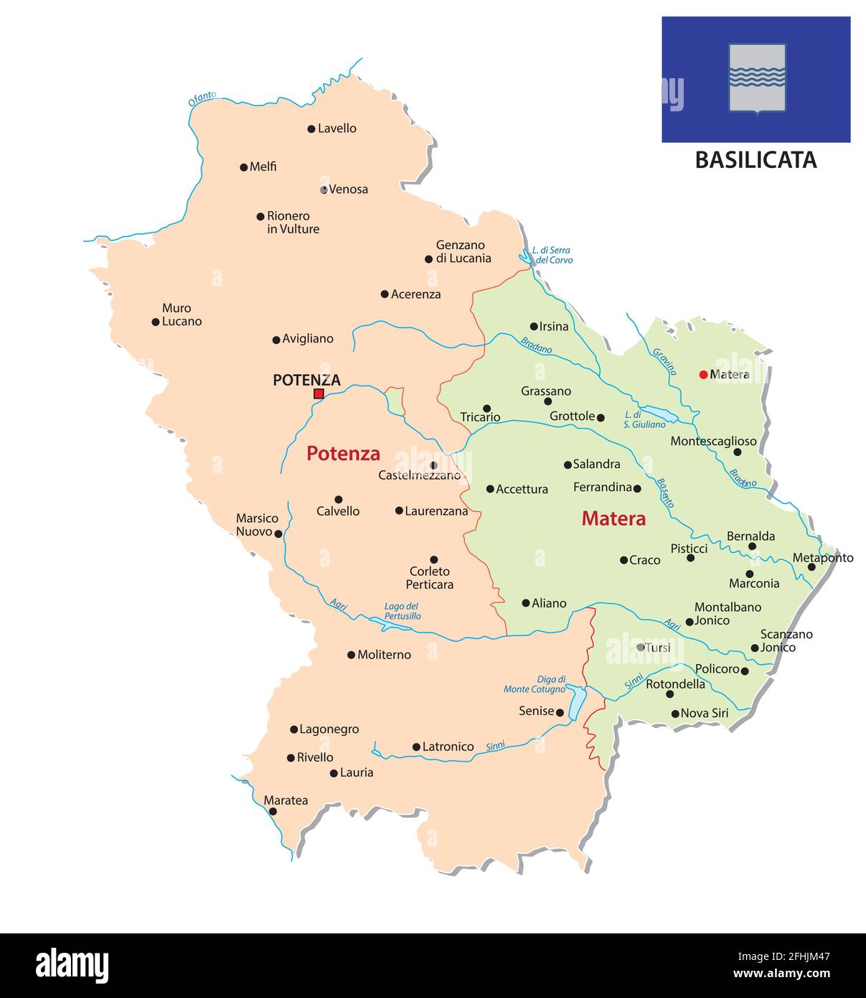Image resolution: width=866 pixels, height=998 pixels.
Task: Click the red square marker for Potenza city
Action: click(x=319, y=393)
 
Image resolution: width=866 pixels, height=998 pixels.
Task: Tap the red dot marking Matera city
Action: click(x=703, y=374)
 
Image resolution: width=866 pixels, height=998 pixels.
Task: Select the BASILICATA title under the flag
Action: click(x=756, y=159)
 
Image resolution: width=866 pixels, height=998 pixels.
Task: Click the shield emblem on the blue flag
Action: click(x=757, y=78)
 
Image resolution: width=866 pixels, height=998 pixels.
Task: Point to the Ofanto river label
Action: click(x=202, y=99)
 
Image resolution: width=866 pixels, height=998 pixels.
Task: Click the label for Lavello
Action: click(x=337, y=129)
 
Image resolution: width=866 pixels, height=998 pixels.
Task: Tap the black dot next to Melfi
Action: click(x=243, y=167)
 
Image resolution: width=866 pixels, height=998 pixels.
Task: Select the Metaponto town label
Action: click(x=823, y=557)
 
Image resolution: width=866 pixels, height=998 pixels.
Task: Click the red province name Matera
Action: click(x=613, y=518)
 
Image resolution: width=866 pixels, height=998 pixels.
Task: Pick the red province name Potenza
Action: click(x=343, y=454)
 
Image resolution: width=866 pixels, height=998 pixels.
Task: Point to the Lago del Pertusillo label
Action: click(x=402, y=611)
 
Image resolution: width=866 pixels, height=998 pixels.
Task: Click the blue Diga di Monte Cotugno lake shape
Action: click(x=577, y=702)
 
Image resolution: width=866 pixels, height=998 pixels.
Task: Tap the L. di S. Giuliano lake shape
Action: click(x=659, y=414)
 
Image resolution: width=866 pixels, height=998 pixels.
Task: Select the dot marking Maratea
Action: click(x=273, y=811)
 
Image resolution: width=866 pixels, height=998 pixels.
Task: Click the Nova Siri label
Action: click(x=704, y=713)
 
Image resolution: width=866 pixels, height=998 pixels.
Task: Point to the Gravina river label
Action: click(x=664, y=361)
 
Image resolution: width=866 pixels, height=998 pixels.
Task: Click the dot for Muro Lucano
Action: click(x=155, y=322)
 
